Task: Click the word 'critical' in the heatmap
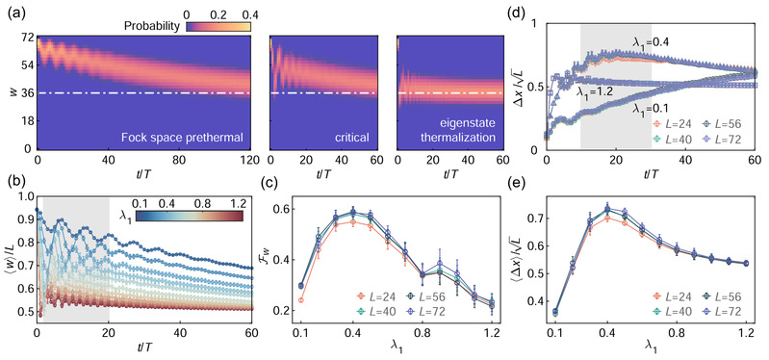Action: point(351,138)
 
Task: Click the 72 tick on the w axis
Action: point(28,38)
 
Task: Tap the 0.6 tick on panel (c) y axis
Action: point(282,210)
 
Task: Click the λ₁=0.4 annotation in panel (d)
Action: point(651,43)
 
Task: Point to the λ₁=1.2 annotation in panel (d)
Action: point(600,93)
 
